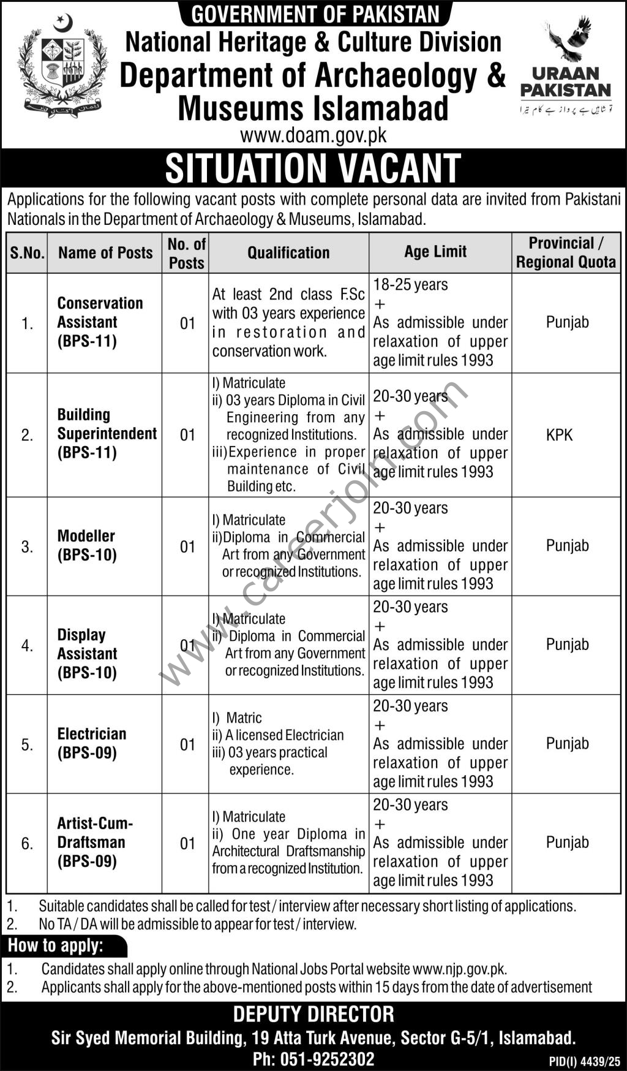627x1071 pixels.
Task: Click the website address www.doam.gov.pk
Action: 313,135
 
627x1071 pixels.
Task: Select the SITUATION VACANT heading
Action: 313,168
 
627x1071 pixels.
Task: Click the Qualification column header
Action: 288,252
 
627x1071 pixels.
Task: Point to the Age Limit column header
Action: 435,251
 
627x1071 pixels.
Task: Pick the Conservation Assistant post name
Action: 100,322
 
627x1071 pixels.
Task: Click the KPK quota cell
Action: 559,435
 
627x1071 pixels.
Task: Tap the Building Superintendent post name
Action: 107,433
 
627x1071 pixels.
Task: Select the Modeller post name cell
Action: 86,545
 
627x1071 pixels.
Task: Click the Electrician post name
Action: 92,743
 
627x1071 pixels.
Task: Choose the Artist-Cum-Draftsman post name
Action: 95,842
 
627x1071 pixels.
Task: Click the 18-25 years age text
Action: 410,284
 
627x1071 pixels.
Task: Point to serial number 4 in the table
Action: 27,645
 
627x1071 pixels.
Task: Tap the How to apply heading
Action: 56,945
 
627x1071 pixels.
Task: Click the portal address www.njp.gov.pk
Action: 459,969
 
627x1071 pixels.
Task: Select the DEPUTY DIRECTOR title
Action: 313,1015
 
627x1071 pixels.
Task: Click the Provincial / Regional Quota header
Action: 566,252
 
